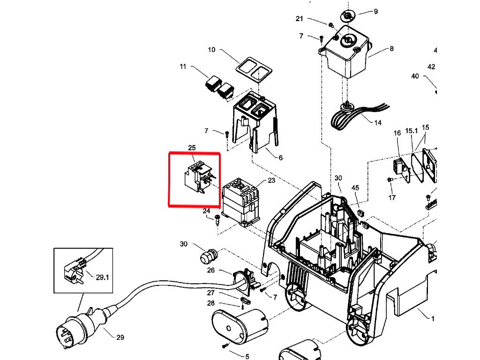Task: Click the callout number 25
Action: [x=192, y=148]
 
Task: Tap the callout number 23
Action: [x=271, y=180]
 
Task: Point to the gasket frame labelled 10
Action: [x=254, y=70]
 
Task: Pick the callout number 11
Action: [x=183, y=67]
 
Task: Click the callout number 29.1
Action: [x=102, y=277]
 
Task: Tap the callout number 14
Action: [x=378, y=123]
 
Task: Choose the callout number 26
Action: [x=210, y=270]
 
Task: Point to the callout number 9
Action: [x=375, y=12]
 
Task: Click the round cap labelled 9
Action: [x=347, y=15]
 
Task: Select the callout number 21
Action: [x=299, y=19]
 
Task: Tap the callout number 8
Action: [x=391, y=49]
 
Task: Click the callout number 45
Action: [x=355, y=187]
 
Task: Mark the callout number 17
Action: [x=392, y=197]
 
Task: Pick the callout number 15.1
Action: [x=412, y=131]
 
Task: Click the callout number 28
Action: [x=210, y=303]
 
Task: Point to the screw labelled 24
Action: [x=217, y=220]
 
